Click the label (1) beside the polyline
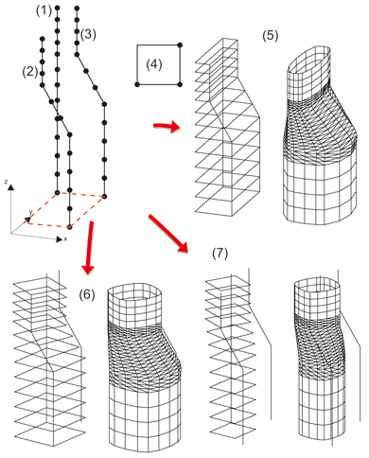pyautogui.click(x=44, y=11)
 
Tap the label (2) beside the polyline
pyautogui.click(x=29, y=72)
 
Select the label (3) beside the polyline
pyautogui.click(x=88, y=34)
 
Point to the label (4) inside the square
pyautogui.click(x=154, y=64)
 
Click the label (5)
pyautogui.click(x=271, y=36)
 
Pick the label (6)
pyautogui.click(x=87, y=294)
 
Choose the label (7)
pyautogui.click(x=220, y=254)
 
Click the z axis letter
pyautogui.click(x=6, y=182)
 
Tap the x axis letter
pyautogui.click(x=65, y=239)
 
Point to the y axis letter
pyautogui.click(x=30, y=212)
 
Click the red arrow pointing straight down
pyautogui.click(x=89, y=247)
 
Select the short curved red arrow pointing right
pyautogui.click(x=167, y=127)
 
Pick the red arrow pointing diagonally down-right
pyautogui.click(x=167, y=234)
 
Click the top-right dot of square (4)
pyautogui.click(x=180, y=45)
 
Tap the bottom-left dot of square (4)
pyautogui.click(x=137, y=84)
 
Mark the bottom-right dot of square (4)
pyautogui.click(x=180, y=84)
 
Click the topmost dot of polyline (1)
pyautogui.click(x=58, y=8)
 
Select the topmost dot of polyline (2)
pyautogui.click(x=43, y=39)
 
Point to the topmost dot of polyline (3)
pyautogui.click(x=77, y=9)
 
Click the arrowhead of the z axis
pyautogui.click(x=11, y=187)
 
